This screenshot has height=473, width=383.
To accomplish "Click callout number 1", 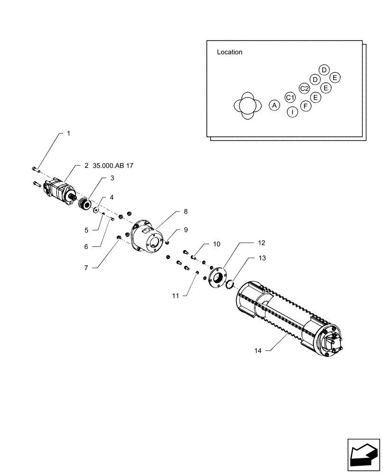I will tap(68, 134).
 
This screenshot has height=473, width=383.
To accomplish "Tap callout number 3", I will tap(112, 178).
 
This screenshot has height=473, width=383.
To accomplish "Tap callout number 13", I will tap(262, 258).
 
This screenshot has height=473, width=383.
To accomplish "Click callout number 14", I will tap(257, 350).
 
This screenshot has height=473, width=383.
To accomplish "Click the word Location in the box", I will tap(229, 53).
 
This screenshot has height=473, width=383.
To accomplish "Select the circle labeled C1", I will tap(290, 97).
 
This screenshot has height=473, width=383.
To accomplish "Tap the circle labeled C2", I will tap(304, 88).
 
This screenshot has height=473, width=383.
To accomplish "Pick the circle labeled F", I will tap(306, 105).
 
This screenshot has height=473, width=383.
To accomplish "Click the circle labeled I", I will tap(292, 112).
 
